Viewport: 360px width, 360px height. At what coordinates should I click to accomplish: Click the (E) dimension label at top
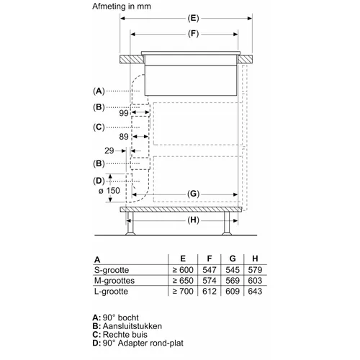193,18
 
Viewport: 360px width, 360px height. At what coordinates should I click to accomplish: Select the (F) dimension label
193,34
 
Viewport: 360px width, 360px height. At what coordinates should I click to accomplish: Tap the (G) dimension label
194,194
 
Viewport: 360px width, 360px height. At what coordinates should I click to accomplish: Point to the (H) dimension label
194,220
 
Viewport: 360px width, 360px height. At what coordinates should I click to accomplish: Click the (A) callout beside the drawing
99,91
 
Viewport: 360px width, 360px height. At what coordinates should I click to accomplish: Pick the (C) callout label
99,127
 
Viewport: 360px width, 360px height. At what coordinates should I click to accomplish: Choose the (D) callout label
99,181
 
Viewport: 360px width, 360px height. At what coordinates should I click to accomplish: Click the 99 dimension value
124,113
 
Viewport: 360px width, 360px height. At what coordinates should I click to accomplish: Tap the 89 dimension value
124,137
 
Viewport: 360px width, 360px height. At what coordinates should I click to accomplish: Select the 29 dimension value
109,150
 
